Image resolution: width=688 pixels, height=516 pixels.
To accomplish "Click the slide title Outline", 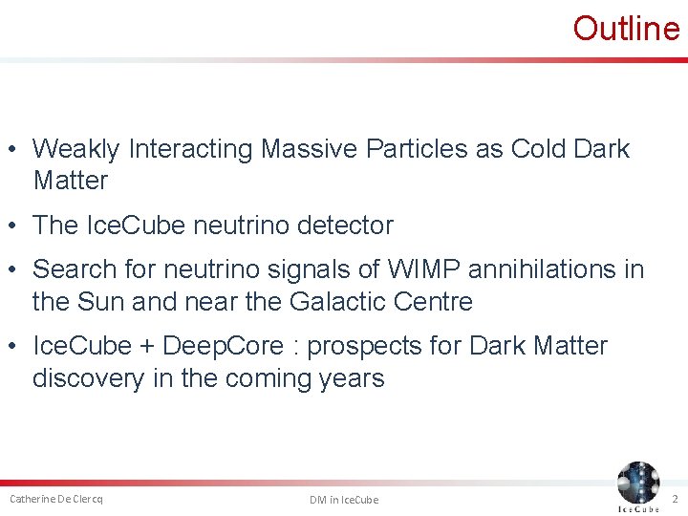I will coord(626,29).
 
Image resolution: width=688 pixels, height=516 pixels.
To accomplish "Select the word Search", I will coord(77,270).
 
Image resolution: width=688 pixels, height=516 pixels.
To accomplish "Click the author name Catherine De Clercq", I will coord(56,499).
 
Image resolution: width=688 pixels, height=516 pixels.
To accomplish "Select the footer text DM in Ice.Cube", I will coord(344,500).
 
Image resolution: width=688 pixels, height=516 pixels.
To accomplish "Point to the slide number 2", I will coord(674,499).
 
